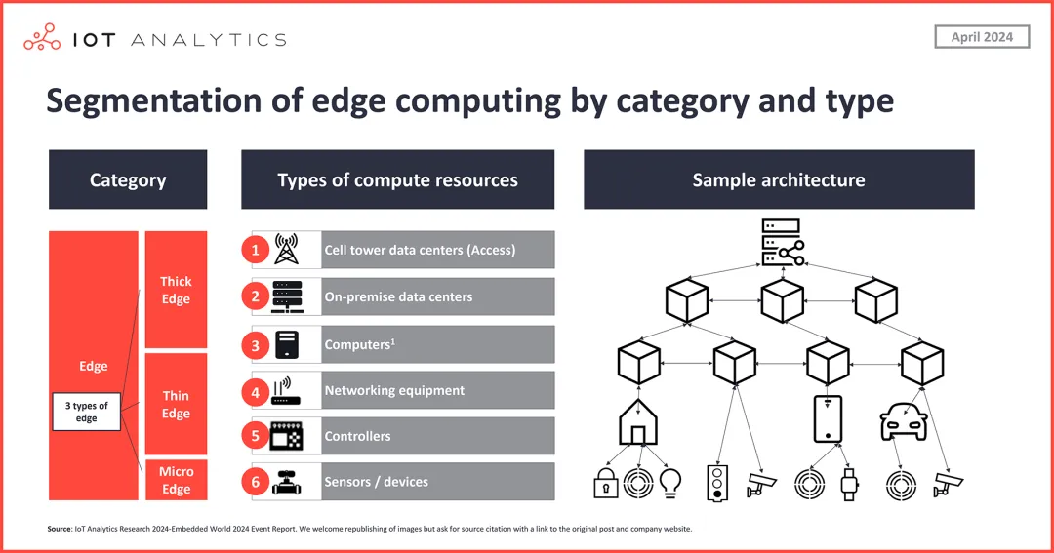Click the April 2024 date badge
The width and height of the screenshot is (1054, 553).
(x=983, y=37)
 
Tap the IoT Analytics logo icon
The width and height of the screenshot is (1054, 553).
(x=42, y=38)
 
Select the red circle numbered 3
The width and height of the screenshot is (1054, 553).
(x=255, y=344)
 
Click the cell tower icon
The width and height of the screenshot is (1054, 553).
(x=286, y=250)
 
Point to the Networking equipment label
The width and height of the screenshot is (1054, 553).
(x=394, y=390)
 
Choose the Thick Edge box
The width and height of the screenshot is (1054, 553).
(x=176, y=290)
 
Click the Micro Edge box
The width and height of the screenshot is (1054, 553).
(x=176, y=480)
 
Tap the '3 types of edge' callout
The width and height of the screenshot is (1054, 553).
(x=86, y=412)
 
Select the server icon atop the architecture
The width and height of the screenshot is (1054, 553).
(x=780, y=243)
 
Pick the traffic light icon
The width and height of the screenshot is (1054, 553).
(x=718, y=481)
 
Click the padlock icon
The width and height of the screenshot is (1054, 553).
(x=606, y=482)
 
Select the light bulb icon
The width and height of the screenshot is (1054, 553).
(x=670, y=482)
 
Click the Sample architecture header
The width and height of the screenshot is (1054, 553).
(x=779, y=179)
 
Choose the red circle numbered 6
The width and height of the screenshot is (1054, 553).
(x=255, y=482)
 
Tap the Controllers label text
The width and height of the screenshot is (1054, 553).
(x=357, y=436)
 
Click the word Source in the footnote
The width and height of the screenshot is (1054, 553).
(x=59, y=529)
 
